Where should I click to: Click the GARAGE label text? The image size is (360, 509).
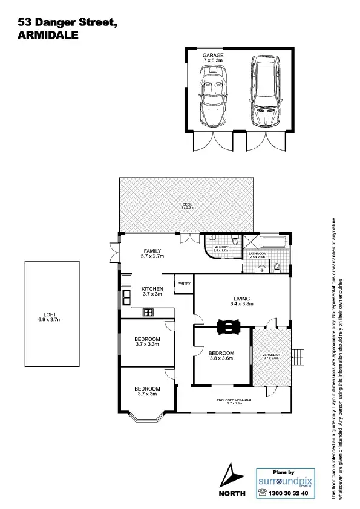pos(213,55)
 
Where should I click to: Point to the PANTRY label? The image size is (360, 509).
pos(183,282)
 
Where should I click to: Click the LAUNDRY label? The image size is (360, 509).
pos(220,247)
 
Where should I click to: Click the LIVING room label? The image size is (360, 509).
pos(241,297)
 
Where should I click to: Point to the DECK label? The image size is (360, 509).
pos(187,204)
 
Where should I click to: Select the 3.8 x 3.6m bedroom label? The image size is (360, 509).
pos(221,355)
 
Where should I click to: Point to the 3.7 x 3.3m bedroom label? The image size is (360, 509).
pos(147,342)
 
